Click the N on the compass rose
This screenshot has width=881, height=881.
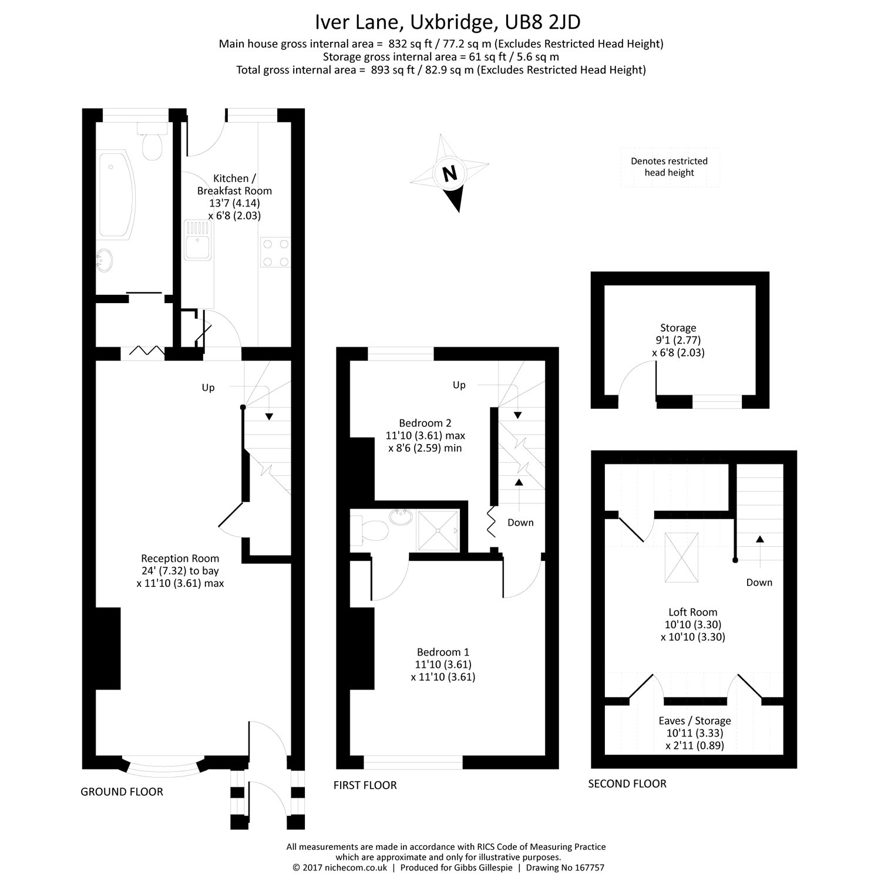pyautogui.click(x=449, y=174)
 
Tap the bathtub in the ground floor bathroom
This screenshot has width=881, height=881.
pyautogui.click(x=115, y=196)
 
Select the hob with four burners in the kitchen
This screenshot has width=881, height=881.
pyautogui.click(x=275, y=253)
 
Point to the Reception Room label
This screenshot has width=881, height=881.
pyautogui.click(x=180, y=559)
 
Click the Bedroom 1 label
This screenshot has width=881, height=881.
pyautogui.click(x=443, y=652)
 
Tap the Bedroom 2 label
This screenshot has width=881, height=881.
pyautogui.click(x=425, y=423)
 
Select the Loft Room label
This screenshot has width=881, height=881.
pyautogui.click(x=692, y=612)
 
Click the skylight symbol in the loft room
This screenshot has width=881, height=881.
pyautogui.click(x=681, y=556)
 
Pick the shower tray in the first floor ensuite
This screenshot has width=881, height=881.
pyautogui.click(x=438, y=530)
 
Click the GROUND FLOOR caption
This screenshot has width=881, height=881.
pyautogui.click(x=122, y=792)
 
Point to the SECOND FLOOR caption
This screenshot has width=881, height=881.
pyautogui.click(x=627, y=784)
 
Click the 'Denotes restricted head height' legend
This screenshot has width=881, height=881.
pyautogui.click(x=669, y=167)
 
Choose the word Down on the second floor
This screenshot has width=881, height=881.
pyautogui.click(x=759, y=583)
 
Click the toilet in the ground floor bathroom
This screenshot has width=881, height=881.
pyautogui.click(x=152, y=144)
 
